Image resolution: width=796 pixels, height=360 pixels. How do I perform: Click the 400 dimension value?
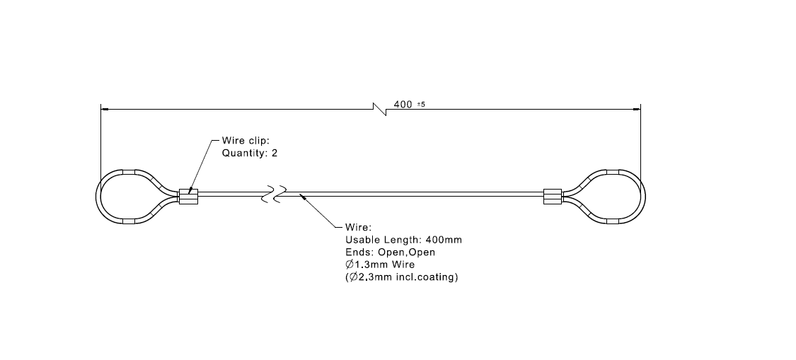click(x=403, y=104)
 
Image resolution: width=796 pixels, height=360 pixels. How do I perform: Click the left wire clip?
click(x=187, y=196)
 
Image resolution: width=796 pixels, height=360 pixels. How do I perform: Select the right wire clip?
click(x=552, y=196)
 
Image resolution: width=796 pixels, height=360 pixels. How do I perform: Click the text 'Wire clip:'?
click(x=246, y=141)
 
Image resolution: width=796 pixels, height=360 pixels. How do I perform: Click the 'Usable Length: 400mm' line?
click(x=403, y=240)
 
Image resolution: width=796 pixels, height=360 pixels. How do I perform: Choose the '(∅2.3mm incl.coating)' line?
click(x=401, y=277)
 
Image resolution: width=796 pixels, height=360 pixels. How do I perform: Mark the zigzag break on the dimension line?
click(x=379, y=109)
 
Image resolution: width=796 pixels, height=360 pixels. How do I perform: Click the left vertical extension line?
click(x=100, y=141)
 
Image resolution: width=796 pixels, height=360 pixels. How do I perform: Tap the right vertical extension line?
click(x=640, y=141)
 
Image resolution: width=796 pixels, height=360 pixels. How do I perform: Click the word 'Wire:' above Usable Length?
click(x=357, y=228)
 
